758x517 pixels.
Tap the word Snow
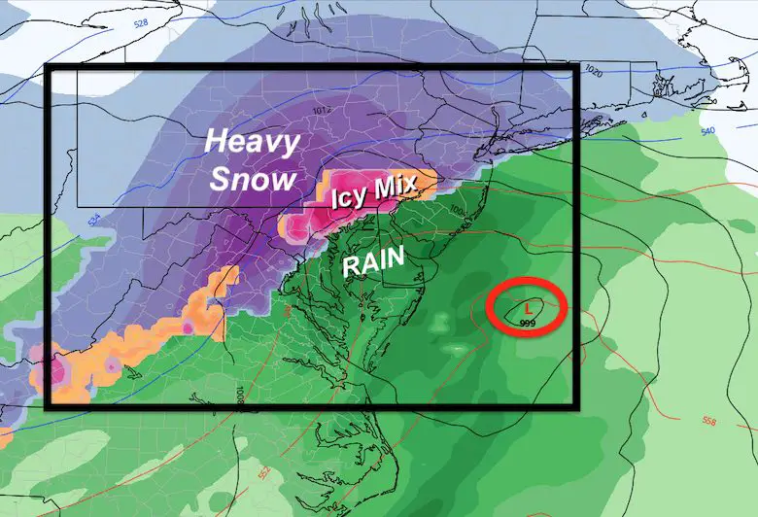(251, 179)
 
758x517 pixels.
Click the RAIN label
(373, 262)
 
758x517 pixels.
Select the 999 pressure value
(528, 322)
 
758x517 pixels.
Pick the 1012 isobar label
(324, 110)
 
